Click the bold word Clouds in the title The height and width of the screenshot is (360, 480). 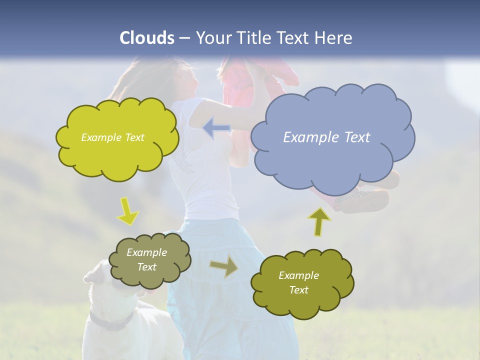point(146,38)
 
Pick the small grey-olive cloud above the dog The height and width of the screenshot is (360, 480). point(149,260)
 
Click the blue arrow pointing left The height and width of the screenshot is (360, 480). point(216,128)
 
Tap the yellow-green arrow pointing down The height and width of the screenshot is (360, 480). point(128,211)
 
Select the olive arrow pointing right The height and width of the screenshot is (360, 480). point(224,267)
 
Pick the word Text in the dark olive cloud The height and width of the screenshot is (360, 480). point(298,290)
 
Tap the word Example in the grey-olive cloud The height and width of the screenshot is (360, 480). point(146,252)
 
